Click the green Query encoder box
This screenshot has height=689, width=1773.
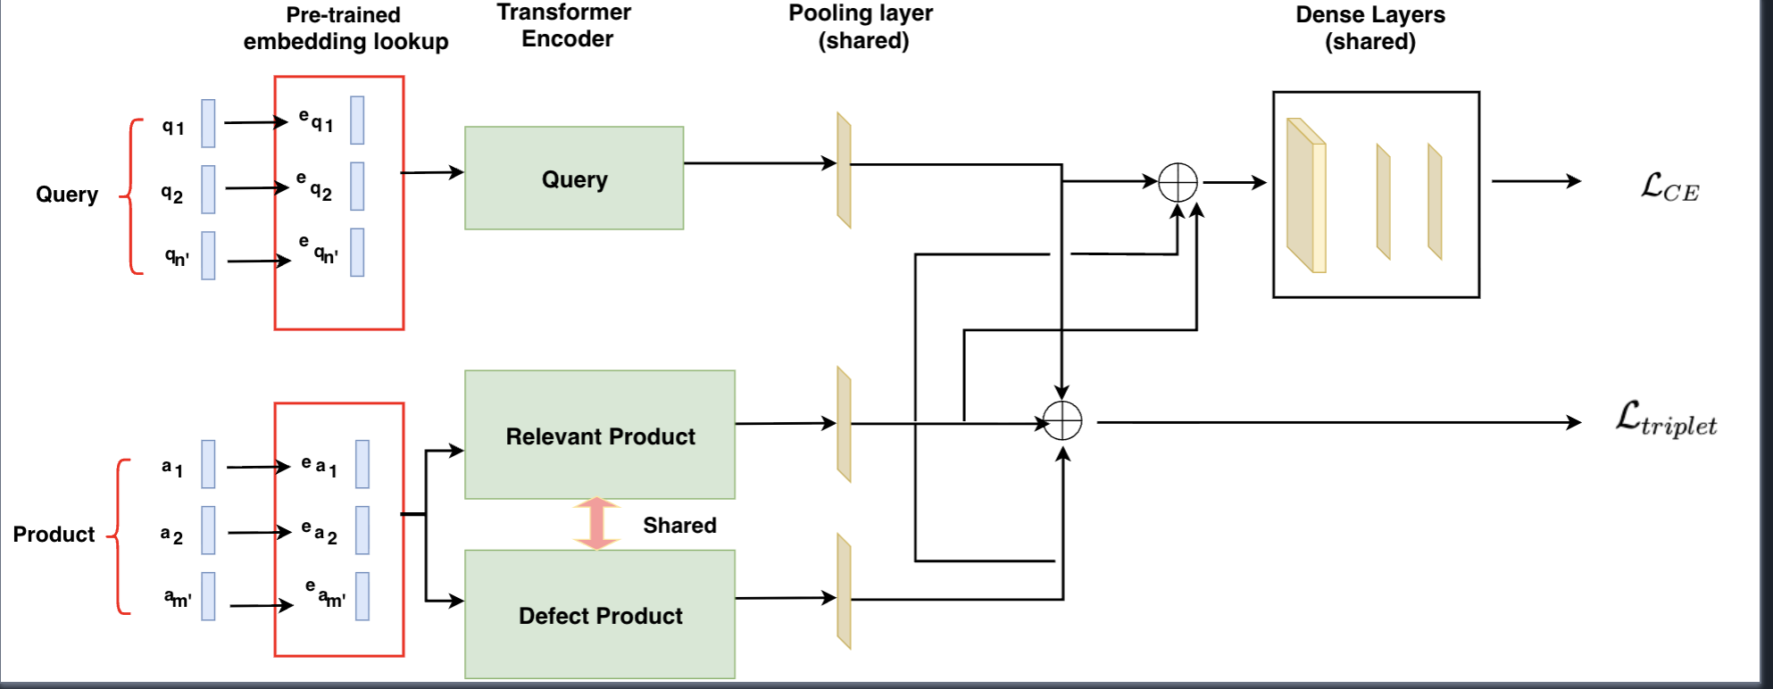point(574,178)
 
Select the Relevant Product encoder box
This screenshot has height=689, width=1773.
point(600,436)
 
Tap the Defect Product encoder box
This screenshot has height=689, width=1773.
point(600,615)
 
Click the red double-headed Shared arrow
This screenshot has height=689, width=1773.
point(596,524)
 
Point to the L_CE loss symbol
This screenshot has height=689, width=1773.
point(1669,187)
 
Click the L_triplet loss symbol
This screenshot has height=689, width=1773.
point(1666,419)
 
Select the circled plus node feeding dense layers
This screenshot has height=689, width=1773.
point(1178,183)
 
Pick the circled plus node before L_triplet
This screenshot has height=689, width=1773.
point(1062,421)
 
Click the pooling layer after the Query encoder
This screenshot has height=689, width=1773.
point(844,170)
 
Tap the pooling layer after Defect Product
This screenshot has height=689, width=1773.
point(844,591)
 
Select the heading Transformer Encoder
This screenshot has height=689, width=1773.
point(564,25)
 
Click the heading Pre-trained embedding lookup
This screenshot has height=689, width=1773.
point(345,29)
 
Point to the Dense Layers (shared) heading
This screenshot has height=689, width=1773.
point(1370,28)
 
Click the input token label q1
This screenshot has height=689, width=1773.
point(173,127)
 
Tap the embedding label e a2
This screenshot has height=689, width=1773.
point(320,533)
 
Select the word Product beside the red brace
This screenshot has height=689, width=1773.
point(54,535)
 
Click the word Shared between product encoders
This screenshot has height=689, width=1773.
point(679,525)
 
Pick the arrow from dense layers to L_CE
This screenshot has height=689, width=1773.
point(1536,181)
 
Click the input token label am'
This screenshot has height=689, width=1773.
point(178,598)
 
